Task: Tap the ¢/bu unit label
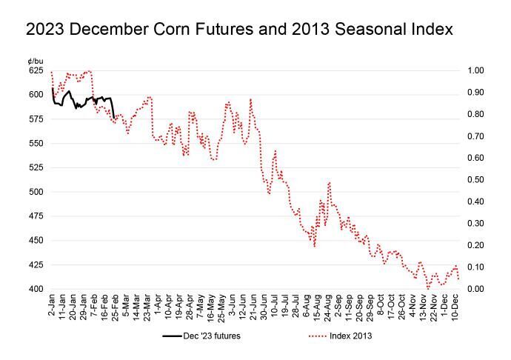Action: coord(35,60)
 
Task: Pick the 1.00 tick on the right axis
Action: coord(475,70)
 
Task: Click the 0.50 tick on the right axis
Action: coord(475,179)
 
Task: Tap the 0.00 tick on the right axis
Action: coord(475,289)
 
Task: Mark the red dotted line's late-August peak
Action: coord(328,182)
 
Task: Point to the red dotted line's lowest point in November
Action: coord(428,288)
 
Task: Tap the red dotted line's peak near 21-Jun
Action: coord(251,99)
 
